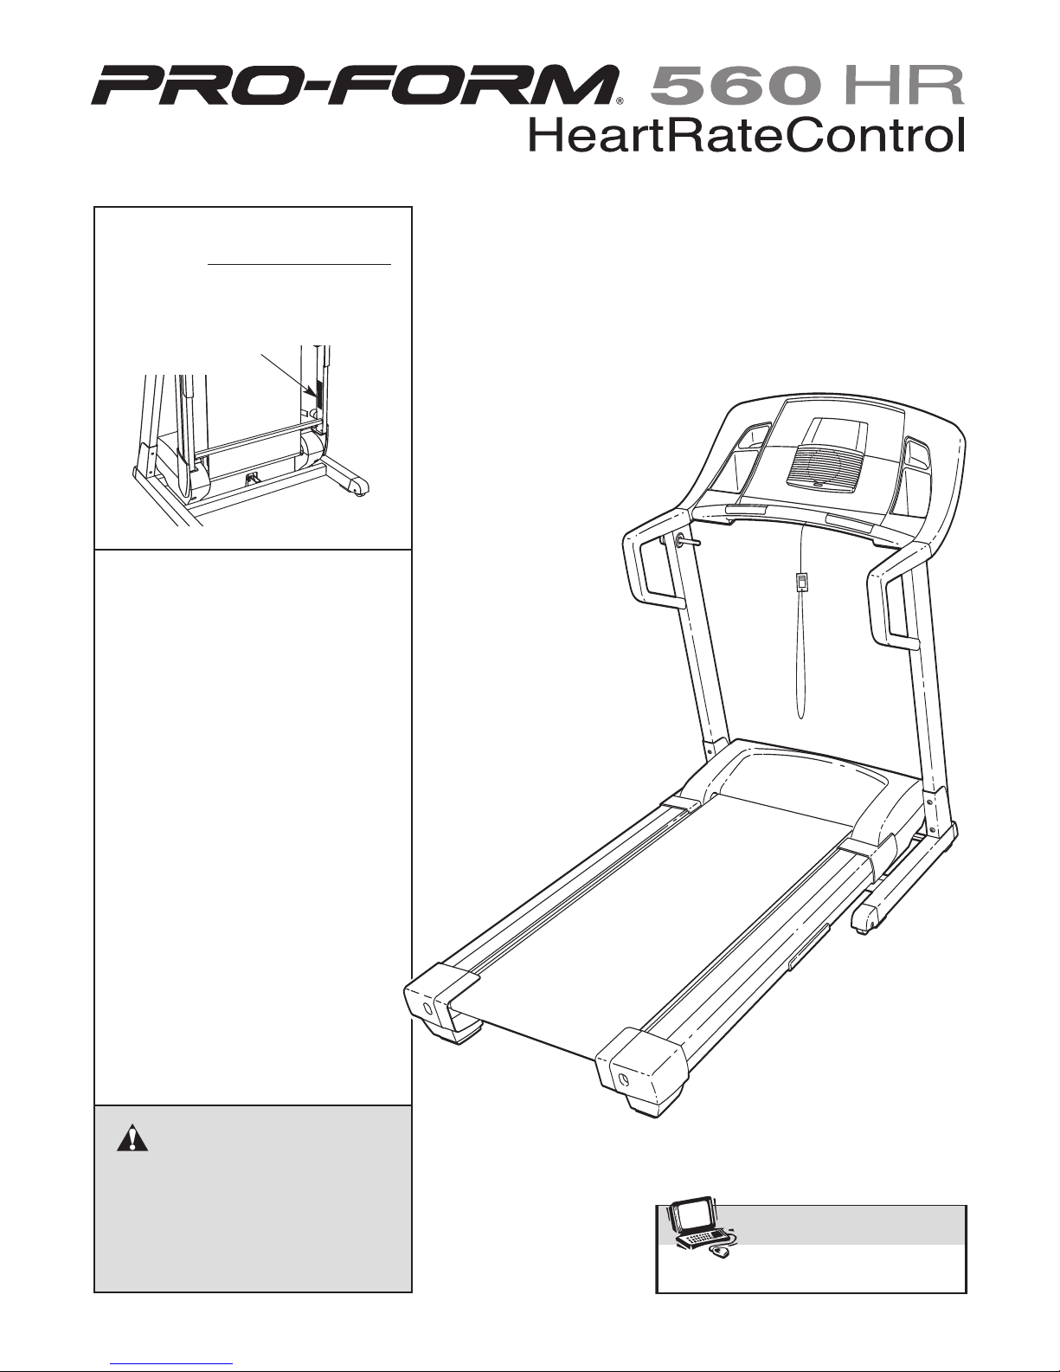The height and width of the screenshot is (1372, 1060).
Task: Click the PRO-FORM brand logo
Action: (355, 87)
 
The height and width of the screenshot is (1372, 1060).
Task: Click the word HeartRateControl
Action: (746, 136)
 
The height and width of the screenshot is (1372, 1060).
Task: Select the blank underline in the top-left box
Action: (299, 262)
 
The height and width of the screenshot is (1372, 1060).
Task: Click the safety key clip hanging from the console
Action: (803, 581)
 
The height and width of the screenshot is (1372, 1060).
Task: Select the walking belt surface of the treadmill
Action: (658, 918)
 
